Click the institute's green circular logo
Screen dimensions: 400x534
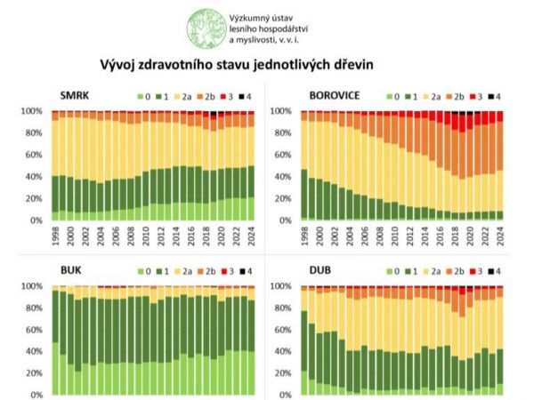pos(204,28)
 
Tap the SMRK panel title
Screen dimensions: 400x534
pos(75,95)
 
